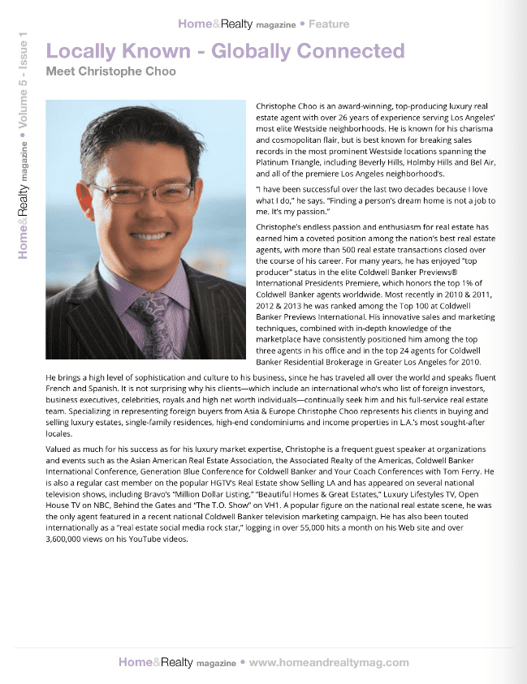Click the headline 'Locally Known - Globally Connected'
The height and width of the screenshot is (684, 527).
pyautogui.click(x=225, y=51)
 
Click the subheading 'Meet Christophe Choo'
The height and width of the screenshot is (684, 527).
pyautogui.click(x=111, y=71)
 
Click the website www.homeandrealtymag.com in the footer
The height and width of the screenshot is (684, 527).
pyautogui.click(x=329, y=662)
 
